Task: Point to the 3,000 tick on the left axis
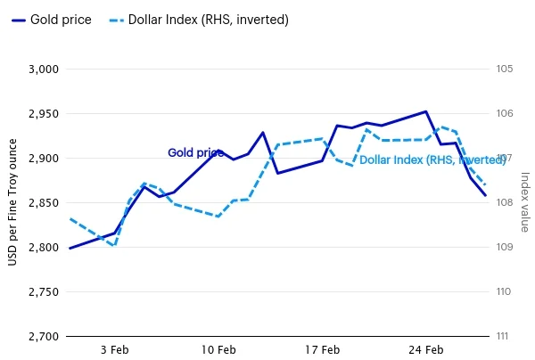pyautogui.click(x=44, y=70)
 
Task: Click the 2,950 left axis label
pyautogui.click(x=44, y=114)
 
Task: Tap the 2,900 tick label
pyautogui.click(x=44, y=159)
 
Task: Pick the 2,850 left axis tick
pyautogui.click(x=44, y=203)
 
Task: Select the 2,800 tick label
pyautogui.click(x=44, y=248)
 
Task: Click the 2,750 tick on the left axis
pyautogui.click(x=44, y=292)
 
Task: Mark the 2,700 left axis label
pyautogui.click(x=44, y=337)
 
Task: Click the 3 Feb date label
pyautogui.click(x=114, y=350)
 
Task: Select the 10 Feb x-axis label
pyautogui.click(x=218, y=350)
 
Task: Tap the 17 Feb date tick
pyautogui.click(x=322, y=350)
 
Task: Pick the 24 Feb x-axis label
pyautogui.click(x=425, y=350)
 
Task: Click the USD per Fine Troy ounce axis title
pyautogui.click(x=12, y=203)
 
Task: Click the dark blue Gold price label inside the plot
pyautogui.click(x=196, y=153)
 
